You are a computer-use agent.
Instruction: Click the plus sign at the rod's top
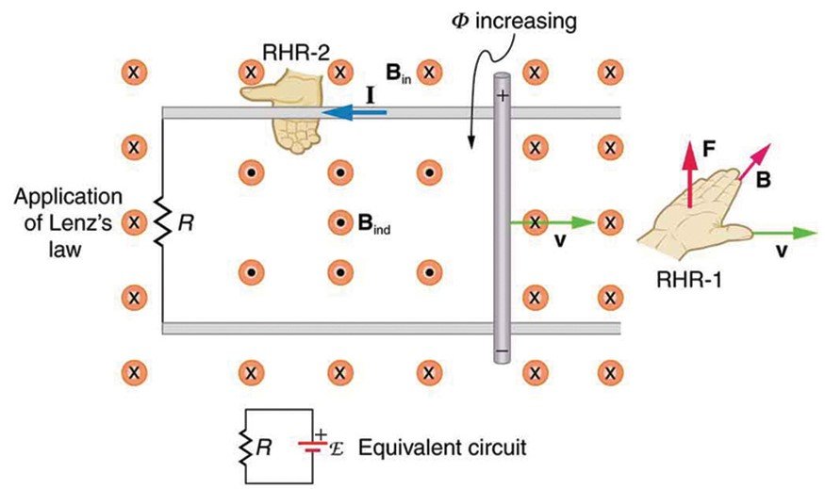coord(503,94)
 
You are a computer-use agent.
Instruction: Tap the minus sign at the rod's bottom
coord(503,353)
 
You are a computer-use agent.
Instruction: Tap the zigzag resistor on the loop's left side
coord(162,223)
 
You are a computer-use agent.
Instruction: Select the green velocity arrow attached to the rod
coord(552,223)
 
